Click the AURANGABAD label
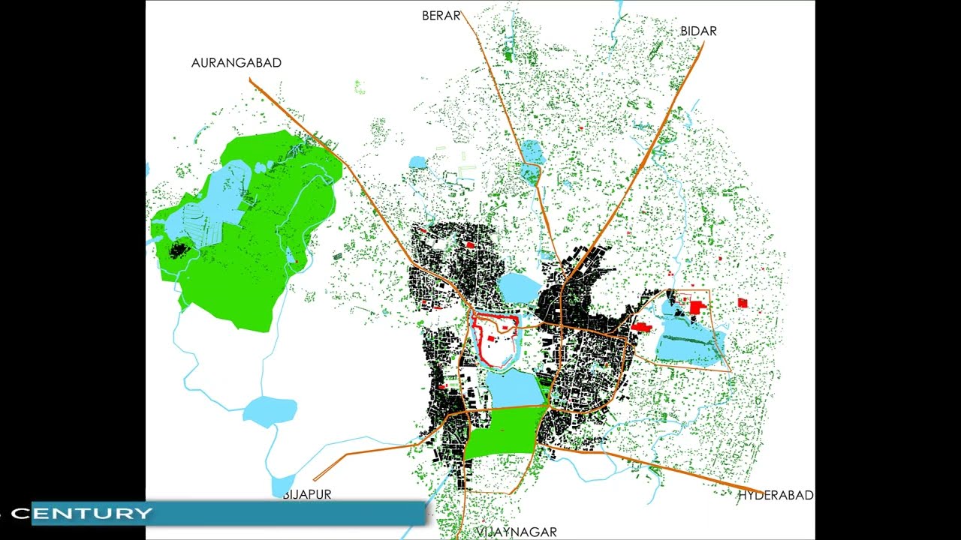click(x=236, y=63)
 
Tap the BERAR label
click(x=441, y=16)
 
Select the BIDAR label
click(x=698, y=31)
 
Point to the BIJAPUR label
click(x=307, y=494)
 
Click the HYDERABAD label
click(x=776, y=495)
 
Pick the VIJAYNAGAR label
click(x=517, y=532)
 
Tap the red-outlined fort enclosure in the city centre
click(x=495, y=339)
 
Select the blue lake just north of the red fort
click(x=519, y=286)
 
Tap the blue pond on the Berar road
click(x=531, y=150)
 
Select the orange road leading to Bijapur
click(x=375, y=448)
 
